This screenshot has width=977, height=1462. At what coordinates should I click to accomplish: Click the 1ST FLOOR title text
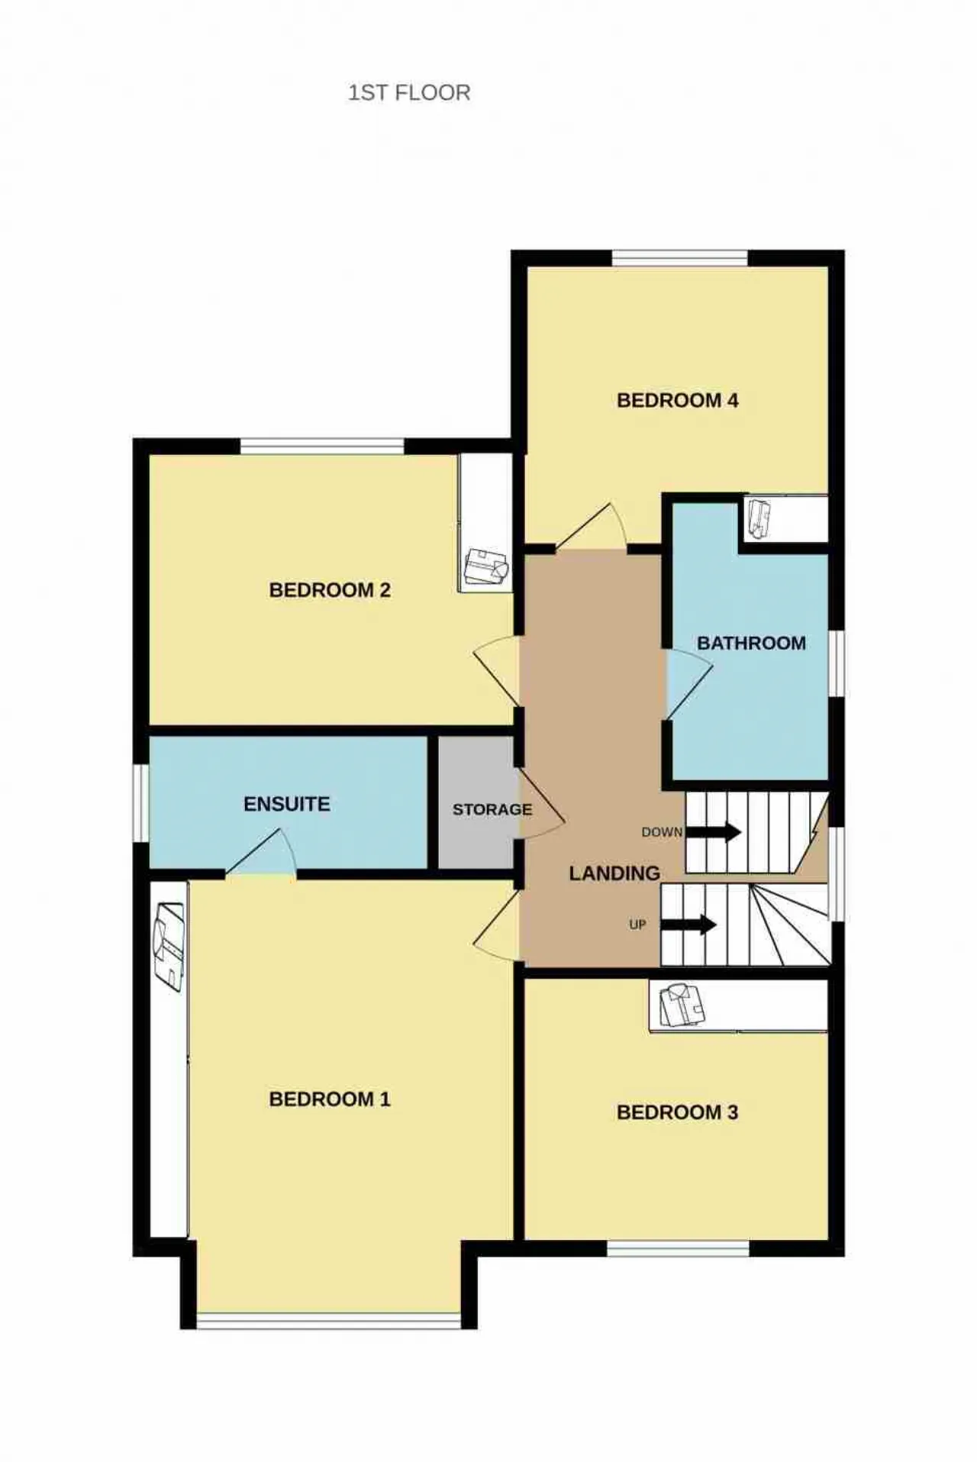point(409,93)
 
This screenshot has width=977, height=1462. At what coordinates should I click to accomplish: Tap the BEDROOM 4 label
point(677,400)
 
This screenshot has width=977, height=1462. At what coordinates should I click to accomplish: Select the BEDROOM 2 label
point(330,589)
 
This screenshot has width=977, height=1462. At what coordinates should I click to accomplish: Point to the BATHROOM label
point(751,643)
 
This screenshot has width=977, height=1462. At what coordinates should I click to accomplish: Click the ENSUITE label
point(287,804)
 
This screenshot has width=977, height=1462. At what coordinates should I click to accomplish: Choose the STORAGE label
point(492,809)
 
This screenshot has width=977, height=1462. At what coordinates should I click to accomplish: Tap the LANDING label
point(614,873)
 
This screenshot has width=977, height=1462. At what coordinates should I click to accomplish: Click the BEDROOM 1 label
point(330,1099)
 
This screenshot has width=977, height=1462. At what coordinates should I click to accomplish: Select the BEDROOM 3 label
point(677,1112)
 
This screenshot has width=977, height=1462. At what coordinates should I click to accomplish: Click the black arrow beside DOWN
point(714,831)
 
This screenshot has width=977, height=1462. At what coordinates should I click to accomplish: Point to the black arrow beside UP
point(688,925)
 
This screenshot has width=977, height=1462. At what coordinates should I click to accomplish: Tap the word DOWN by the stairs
point(662,832)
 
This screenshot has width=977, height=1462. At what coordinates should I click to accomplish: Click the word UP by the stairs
point(637,925)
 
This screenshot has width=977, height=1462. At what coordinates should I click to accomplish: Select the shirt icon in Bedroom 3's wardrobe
point(682,1005)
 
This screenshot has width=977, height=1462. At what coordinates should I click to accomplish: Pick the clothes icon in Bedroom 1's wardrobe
point(169,947)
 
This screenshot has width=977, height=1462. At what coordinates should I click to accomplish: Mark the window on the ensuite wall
point(141,803)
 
